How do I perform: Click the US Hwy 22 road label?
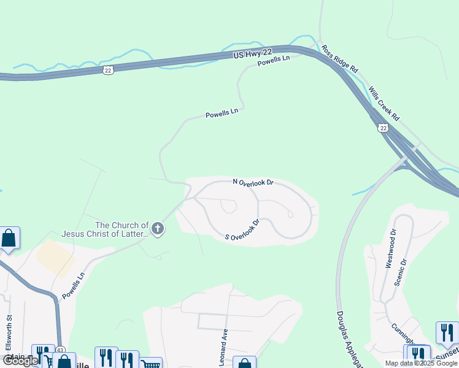(x=252, y=55)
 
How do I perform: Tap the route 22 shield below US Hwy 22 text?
(x=108, y=71)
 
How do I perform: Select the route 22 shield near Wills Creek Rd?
(x=384, y=128)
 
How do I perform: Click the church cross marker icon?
(x=158, y=229)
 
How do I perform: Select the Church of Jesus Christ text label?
(x=105, y=229)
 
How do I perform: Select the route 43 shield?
(x=60, y=350)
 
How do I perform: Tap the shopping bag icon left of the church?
(x=9, y=238)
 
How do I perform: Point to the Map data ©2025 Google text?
(x=421, y=363)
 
